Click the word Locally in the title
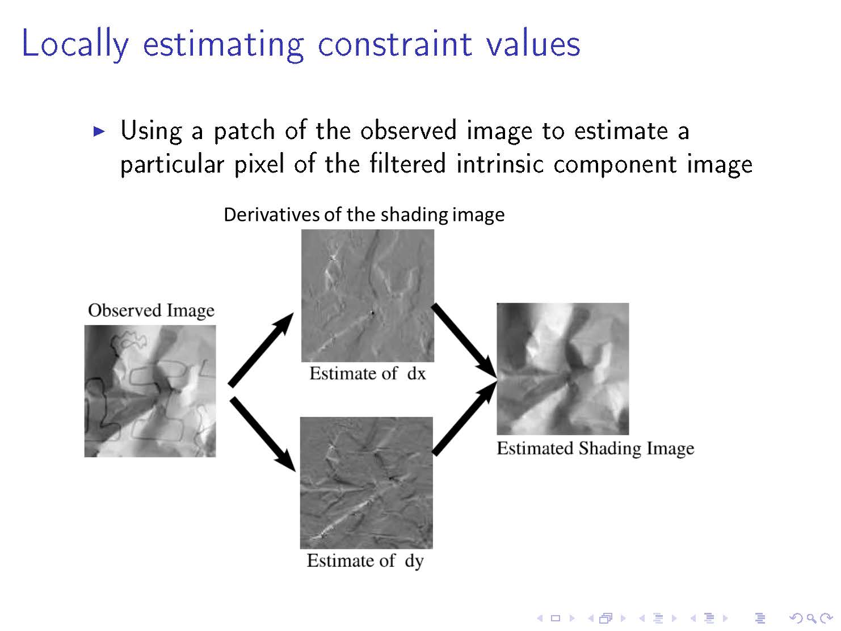75,44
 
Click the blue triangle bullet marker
99,132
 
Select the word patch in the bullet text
244,132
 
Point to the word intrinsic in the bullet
500,164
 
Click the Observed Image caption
151,310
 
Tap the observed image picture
150,391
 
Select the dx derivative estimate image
367,296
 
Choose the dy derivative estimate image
366,483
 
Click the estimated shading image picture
563,369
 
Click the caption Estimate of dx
367,373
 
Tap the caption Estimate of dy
365,561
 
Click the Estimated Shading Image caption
595,448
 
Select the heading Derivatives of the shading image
364,214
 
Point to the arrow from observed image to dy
262,435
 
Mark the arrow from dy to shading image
465,418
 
